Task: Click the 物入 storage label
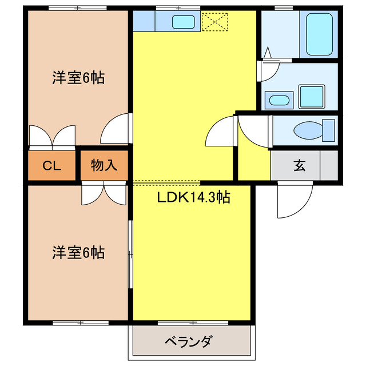click(x=104, y=166)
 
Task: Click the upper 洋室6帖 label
click(x=78, y=79)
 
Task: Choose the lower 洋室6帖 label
click(x=78, y=252)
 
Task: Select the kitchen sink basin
click(x=184, y=22)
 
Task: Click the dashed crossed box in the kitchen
click(x=214, y=22)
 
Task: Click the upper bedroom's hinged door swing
click(x=117, y=130)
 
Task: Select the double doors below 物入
click(x=104, y=193)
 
